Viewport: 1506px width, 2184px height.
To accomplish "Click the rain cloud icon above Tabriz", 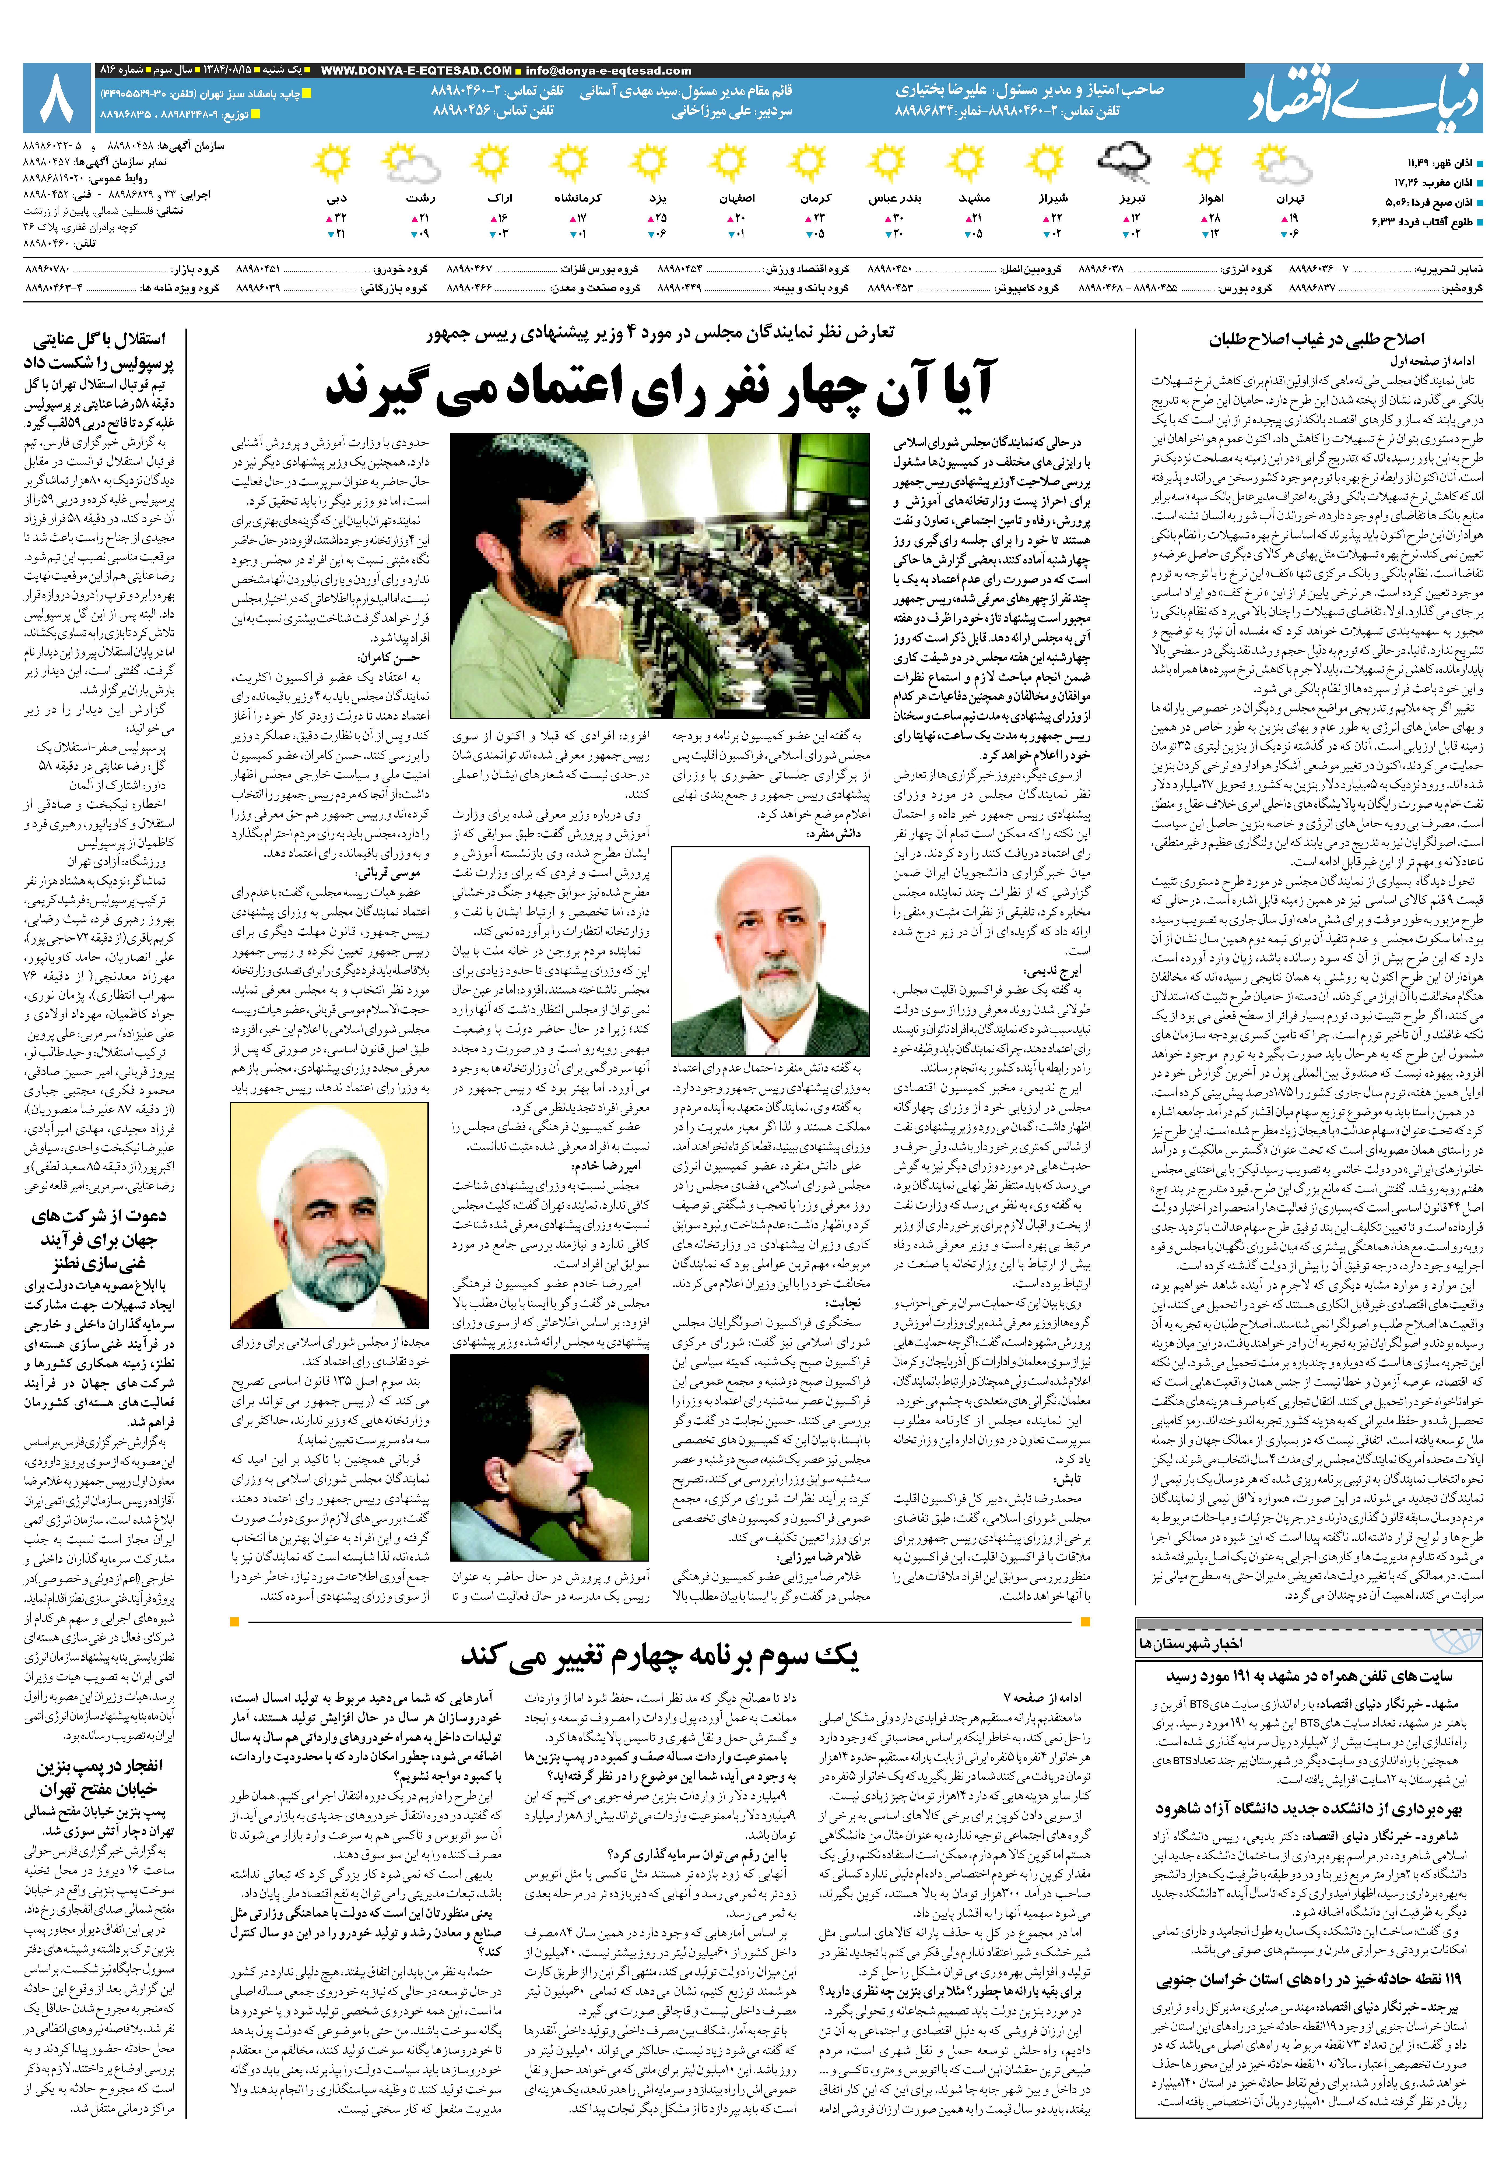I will tap(1124, 162).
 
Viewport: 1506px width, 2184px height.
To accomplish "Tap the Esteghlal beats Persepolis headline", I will tap(99, 351).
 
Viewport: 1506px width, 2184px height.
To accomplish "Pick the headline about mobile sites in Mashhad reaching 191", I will tap(1309, 1675).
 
